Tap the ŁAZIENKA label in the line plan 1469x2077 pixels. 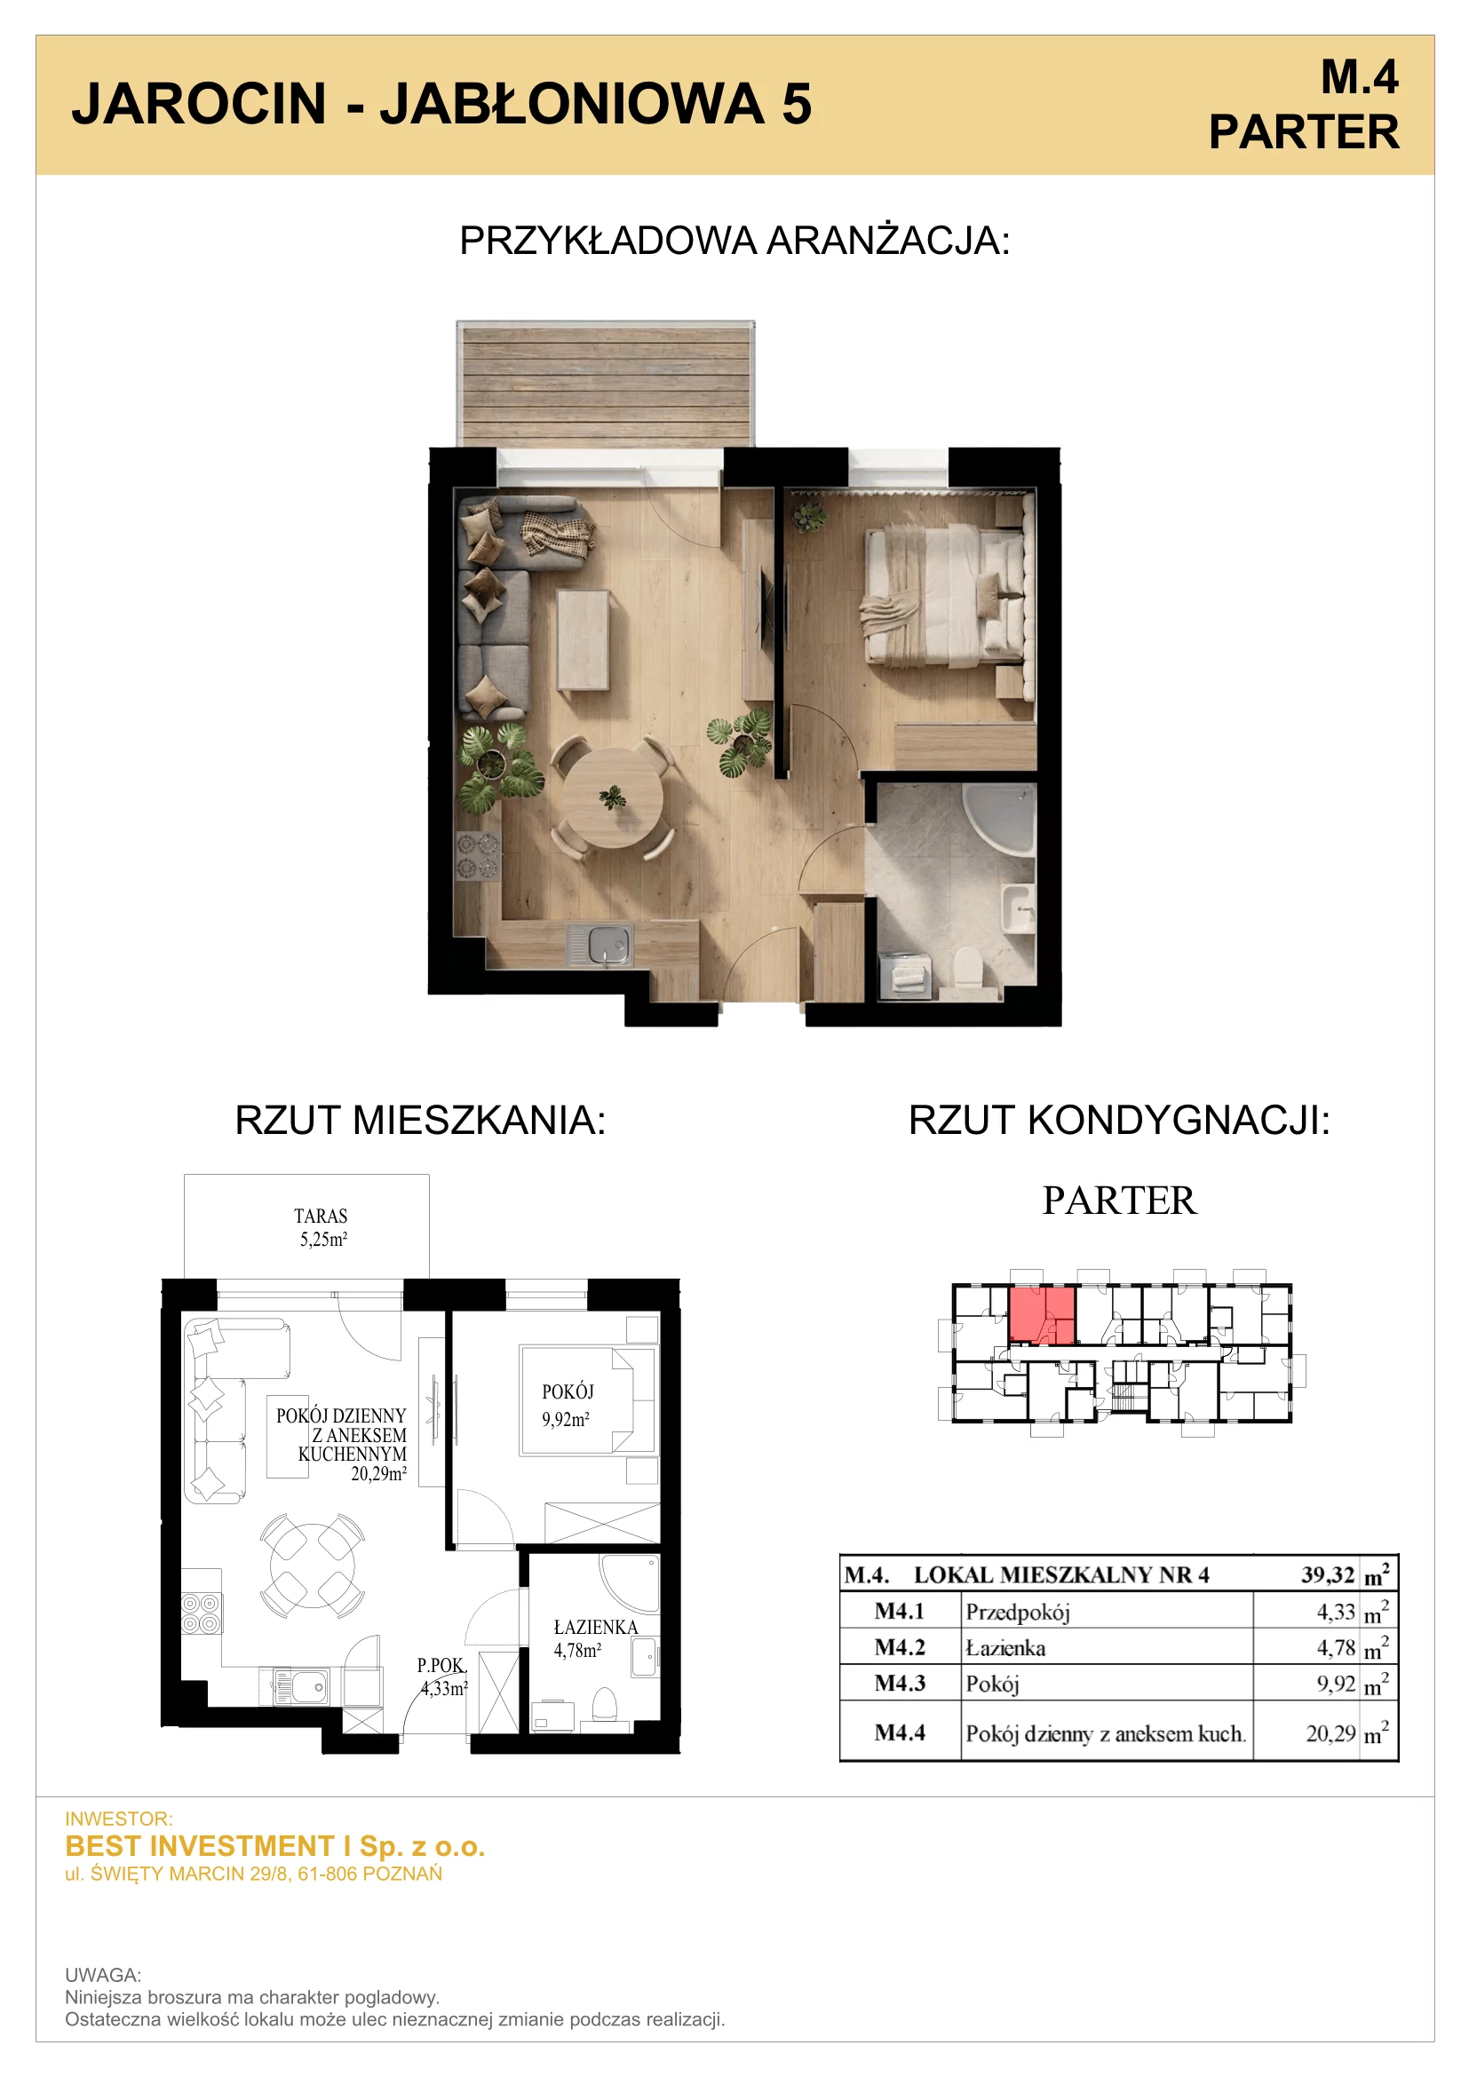(x=595, y=1627)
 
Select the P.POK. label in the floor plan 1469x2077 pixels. (x=441, y=1664)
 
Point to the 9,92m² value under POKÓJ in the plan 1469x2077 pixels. (x=566, y=1419)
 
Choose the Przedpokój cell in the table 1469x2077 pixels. (x=1018, y=1611)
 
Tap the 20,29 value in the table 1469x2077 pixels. (x=1330, y=1733)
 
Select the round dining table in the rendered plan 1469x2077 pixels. (x=613, y=799)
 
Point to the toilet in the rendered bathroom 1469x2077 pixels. (x=967, y=966)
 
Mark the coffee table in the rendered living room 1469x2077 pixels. (x=583, y=639)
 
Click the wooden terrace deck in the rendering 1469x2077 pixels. (x=605, y=384)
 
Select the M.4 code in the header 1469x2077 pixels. (x=1359, y=77)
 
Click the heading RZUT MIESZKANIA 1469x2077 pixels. (x=420, y=1120)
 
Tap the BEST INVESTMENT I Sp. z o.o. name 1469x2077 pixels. (x=275, y=1845)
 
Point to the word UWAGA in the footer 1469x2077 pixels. (x=103, y=1975)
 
